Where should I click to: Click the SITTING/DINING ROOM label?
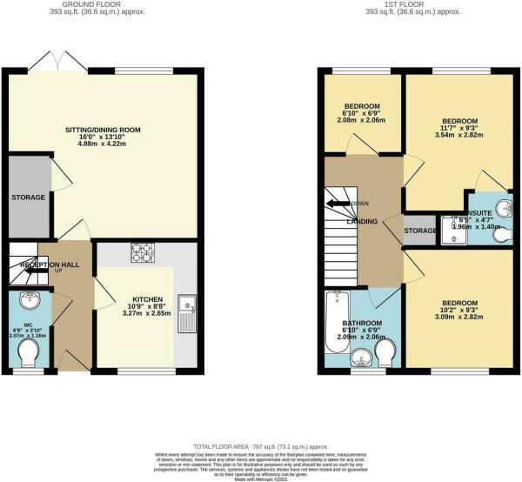click(103, 131)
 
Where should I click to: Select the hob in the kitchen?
click(142, 253)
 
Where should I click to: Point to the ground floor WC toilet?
click(30, 352)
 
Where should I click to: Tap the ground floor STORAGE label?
click(28, 198)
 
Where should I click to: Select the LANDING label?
click(361, 222)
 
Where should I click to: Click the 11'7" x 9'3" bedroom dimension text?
click(459, 129)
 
